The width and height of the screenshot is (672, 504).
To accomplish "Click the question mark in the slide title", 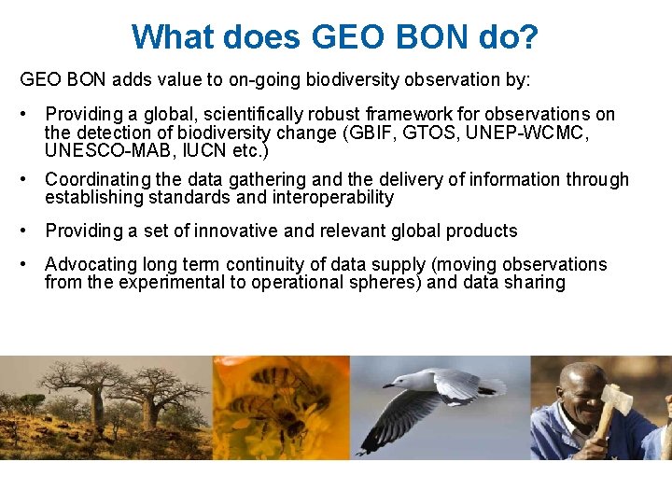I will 528,37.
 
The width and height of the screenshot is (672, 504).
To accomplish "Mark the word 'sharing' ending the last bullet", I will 535,283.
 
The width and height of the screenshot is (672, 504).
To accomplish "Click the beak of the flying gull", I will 385,384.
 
